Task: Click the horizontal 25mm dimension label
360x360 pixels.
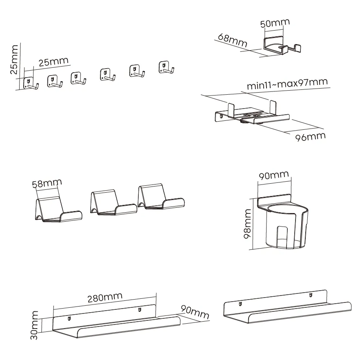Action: [x=53, y=62]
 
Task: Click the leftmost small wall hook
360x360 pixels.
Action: [x=30, y=83]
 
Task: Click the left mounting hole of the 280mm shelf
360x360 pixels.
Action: [x=69, y=318]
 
